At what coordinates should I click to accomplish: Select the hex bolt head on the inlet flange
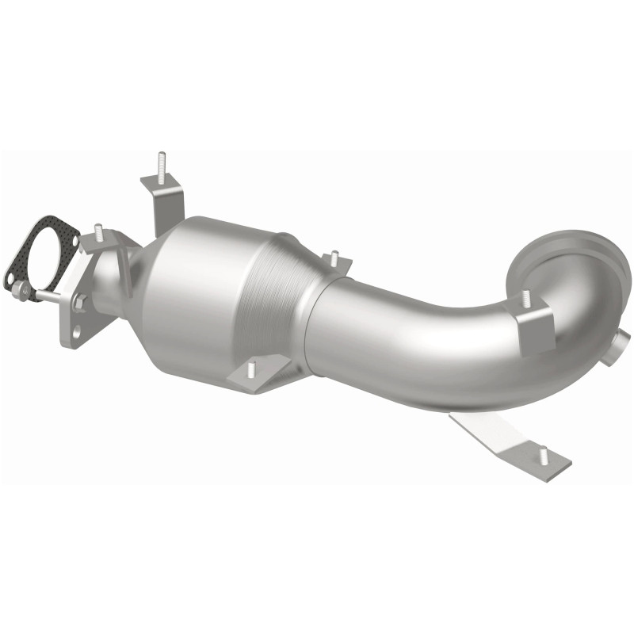tap(80, 301)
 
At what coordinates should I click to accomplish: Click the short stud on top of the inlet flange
tap(100, 232)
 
